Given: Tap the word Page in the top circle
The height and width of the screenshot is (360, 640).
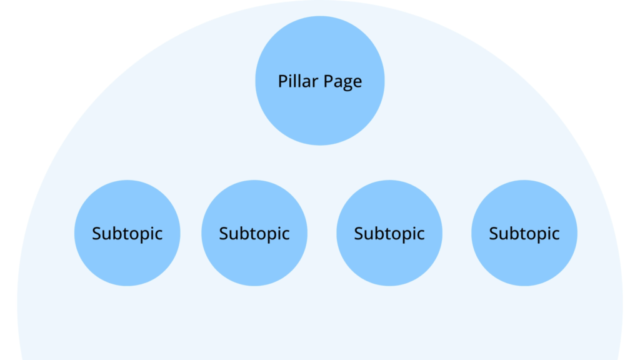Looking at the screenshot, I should (x=342, y=82).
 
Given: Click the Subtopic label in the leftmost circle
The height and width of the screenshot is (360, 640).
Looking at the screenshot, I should (x=127, y=234).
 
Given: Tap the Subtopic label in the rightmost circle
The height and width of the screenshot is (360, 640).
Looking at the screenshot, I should (x=524, y=234).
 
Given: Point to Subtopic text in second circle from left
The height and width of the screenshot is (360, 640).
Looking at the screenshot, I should (x=254, y=234).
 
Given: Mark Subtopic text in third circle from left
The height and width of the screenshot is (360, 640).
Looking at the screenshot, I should (x=389, y=234).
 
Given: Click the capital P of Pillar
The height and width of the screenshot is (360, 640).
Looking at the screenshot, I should (x=282, y=81).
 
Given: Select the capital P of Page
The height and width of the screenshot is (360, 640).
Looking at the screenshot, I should (x=328, y=81).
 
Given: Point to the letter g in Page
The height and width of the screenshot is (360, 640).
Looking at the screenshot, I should (x=348, y=83).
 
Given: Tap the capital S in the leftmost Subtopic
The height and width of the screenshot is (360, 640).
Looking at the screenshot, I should (x=97, y=234).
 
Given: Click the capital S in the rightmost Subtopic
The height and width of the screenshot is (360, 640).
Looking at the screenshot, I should (x=494, y=234).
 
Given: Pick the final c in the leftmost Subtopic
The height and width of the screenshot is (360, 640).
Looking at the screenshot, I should (x=158, y=235).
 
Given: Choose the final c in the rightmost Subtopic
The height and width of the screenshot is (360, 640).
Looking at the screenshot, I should (x=555, y=235).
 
